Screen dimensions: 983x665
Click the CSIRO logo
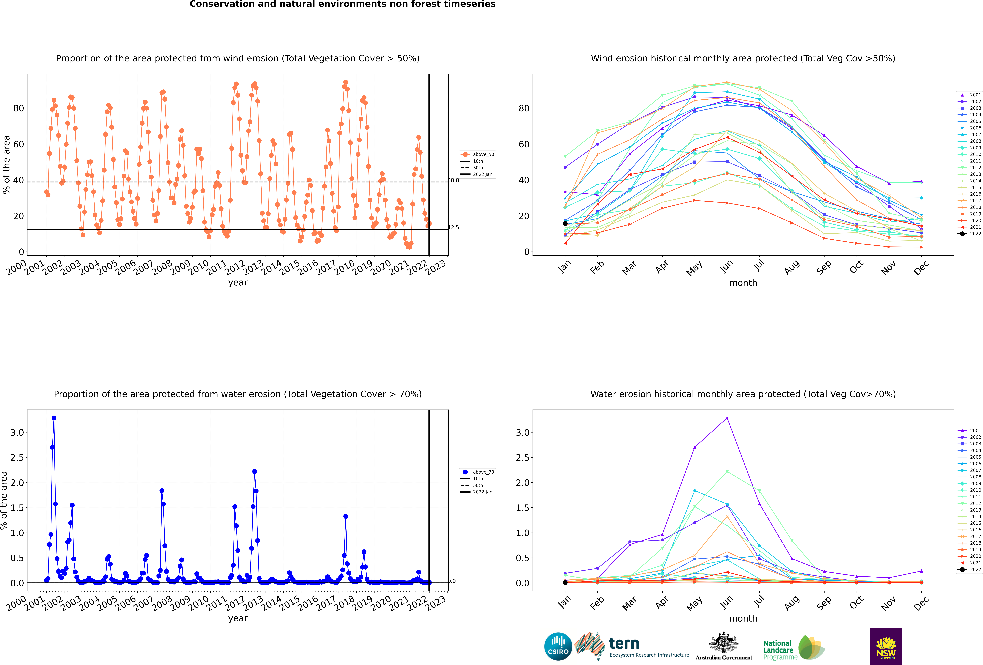click(x=558, y=646)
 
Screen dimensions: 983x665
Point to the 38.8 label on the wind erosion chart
click(x=453, y=180)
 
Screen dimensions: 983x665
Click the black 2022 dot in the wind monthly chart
click(x=565, y=223)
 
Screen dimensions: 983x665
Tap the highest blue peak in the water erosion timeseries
click(x=54, y=418)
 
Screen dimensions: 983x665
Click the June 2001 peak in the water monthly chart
click(x=727, y=418)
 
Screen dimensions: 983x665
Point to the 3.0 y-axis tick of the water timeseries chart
click(x=17, y=433)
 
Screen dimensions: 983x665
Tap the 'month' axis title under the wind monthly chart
click(x=743, y=283)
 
